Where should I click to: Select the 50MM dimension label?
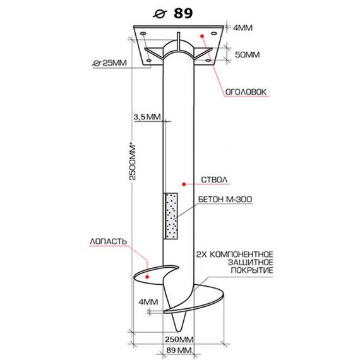248,55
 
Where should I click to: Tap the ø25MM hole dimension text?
109,63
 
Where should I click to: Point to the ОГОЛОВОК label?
246,92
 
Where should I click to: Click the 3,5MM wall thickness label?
147,117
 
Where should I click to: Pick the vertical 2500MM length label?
133,162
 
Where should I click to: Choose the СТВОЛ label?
214,180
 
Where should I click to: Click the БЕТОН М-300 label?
225,199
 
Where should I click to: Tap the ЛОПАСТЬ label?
108,241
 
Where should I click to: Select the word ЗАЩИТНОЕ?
251,262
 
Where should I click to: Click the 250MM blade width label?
179,339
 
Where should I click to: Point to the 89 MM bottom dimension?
179,350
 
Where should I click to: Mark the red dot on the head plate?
202,36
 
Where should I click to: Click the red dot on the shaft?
184,184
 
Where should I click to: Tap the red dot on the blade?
147,277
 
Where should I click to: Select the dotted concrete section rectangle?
171,216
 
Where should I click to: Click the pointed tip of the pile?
179,332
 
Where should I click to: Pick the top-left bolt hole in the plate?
143,33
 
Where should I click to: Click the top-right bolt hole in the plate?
213,33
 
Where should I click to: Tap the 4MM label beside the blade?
148,302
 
